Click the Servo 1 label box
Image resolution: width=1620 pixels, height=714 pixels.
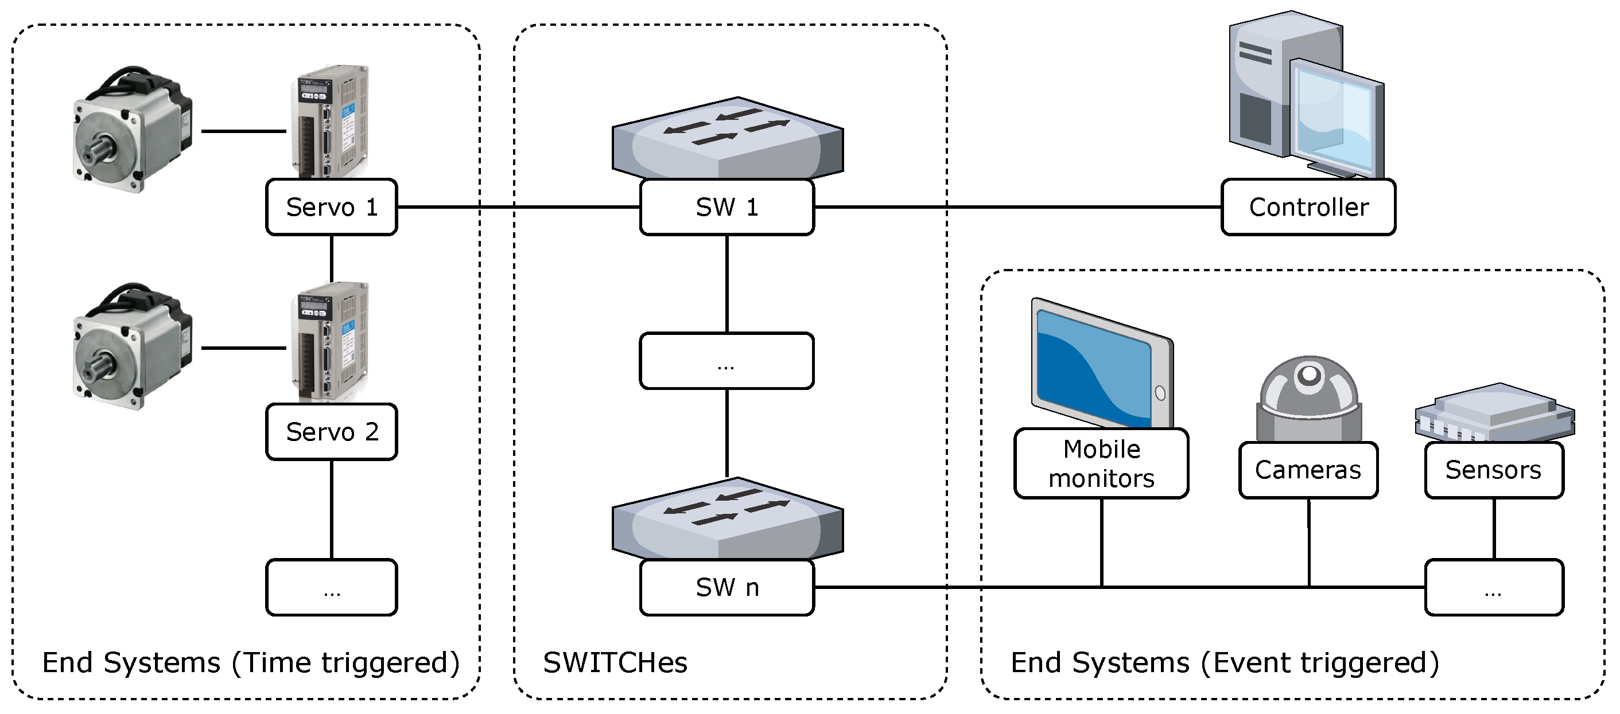(332, 207)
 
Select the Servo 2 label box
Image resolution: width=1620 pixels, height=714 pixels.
(332, 432)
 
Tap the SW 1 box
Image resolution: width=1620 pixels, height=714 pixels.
(727, 207)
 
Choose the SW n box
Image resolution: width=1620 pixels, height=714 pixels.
(727, 587)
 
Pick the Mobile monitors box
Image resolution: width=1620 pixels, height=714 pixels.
(1102, 463)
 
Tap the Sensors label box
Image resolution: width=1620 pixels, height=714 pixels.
(1494, 470)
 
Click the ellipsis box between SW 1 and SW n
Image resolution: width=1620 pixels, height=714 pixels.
(727, 361)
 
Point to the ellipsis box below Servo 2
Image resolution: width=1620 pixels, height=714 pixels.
(332, 587)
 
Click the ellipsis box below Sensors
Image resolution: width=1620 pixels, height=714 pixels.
(1494, 587)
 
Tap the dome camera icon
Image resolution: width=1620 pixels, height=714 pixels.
(1309, 399)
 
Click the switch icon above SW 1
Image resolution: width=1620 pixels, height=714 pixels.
(728, 138)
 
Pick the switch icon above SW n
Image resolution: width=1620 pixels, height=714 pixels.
(728, 518)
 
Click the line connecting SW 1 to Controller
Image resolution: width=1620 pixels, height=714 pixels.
(1017, 207)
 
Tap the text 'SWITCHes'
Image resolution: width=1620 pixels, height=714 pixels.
(615, 662)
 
